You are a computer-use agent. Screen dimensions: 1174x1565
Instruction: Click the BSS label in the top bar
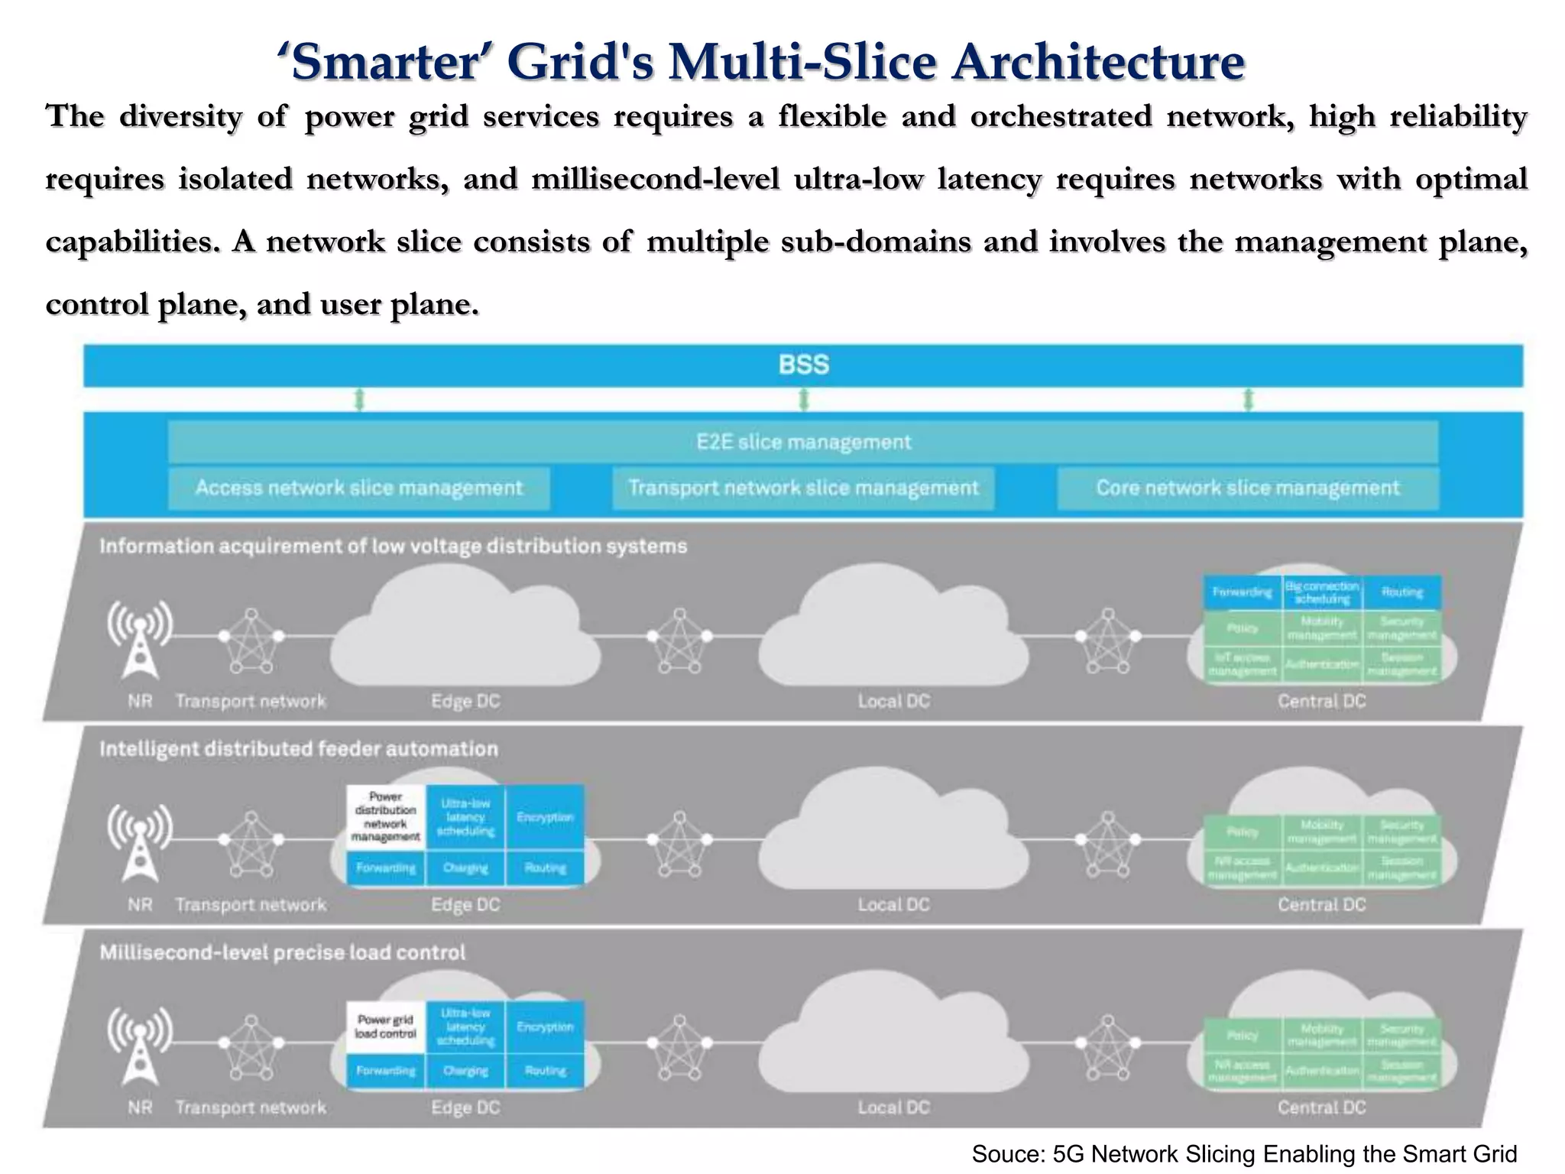[803, 365]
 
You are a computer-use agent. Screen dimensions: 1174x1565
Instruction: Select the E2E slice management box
[803, 442]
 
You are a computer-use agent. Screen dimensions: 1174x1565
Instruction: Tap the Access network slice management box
[358, 488]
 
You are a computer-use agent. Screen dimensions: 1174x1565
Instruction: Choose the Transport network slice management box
[803, 488]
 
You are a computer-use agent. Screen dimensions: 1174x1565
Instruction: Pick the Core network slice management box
[1247, 488]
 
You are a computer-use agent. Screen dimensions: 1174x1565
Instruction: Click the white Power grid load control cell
[386, 1026]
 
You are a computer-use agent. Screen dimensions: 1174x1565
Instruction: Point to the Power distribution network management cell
[386, 817]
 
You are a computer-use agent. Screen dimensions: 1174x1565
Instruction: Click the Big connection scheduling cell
[1322, 592]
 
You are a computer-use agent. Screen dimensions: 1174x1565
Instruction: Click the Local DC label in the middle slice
[893, 904]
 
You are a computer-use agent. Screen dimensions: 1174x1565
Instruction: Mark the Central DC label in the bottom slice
[1321, 1108]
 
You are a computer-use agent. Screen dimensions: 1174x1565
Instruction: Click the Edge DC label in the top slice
[465, 701]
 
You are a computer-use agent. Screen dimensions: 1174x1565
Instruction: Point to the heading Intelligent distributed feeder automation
[299, 749]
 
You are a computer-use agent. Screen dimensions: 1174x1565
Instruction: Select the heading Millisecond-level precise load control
[282, 952]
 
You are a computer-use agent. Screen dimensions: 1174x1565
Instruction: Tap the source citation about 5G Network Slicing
[1244, 1154]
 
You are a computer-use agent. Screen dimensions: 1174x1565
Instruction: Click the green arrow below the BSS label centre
[803, 399]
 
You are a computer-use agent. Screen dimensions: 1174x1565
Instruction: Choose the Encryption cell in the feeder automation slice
[545, 817]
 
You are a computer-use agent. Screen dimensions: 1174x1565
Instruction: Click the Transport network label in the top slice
[251, 701]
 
